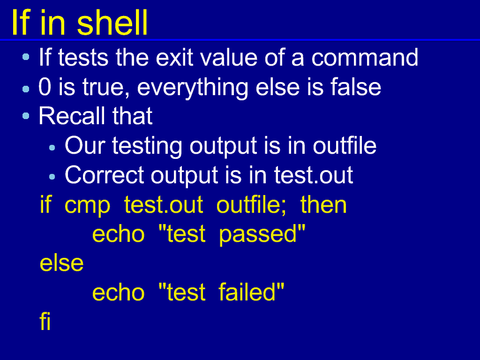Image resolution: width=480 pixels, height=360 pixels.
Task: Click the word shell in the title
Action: (112, 22)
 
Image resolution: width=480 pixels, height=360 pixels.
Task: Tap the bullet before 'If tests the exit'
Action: (26, 57)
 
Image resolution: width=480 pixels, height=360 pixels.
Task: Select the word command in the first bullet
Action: (365, 57)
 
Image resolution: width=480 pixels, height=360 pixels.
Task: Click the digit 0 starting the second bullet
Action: (45, 87)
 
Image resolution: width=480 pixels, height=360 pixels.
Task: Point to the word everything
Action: (193, 89)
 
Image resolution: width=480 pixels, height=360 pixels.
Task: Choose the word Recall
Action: (72, 116)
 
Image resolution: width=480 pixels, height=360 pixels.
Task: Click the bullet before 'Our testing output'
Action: (52, 148)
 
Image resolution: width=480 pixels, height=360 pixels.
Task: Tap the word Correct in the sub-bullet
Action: (105, 175)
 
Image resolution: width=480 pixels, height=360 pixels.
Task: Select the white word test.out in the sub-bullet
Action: (314, 175)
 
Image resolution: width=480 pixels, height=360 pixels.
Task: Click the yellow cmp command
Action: (87, 206)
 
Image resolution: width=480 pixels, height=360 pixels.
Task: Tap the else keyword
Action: (61, 263)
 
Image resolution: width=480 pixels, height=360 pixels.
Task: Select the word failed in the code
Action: (247, 292)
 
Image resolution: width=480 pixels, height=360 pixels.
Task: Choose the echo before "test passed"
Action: (118, 234)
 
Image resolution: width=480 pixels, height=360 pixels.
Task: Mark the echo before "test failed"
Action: (118, 292)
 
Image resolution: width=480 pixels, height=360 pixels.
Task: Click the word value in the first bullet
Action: (229, 57)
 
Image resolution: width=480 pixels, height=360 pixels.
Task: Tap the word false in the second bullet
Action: (356, 87)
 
